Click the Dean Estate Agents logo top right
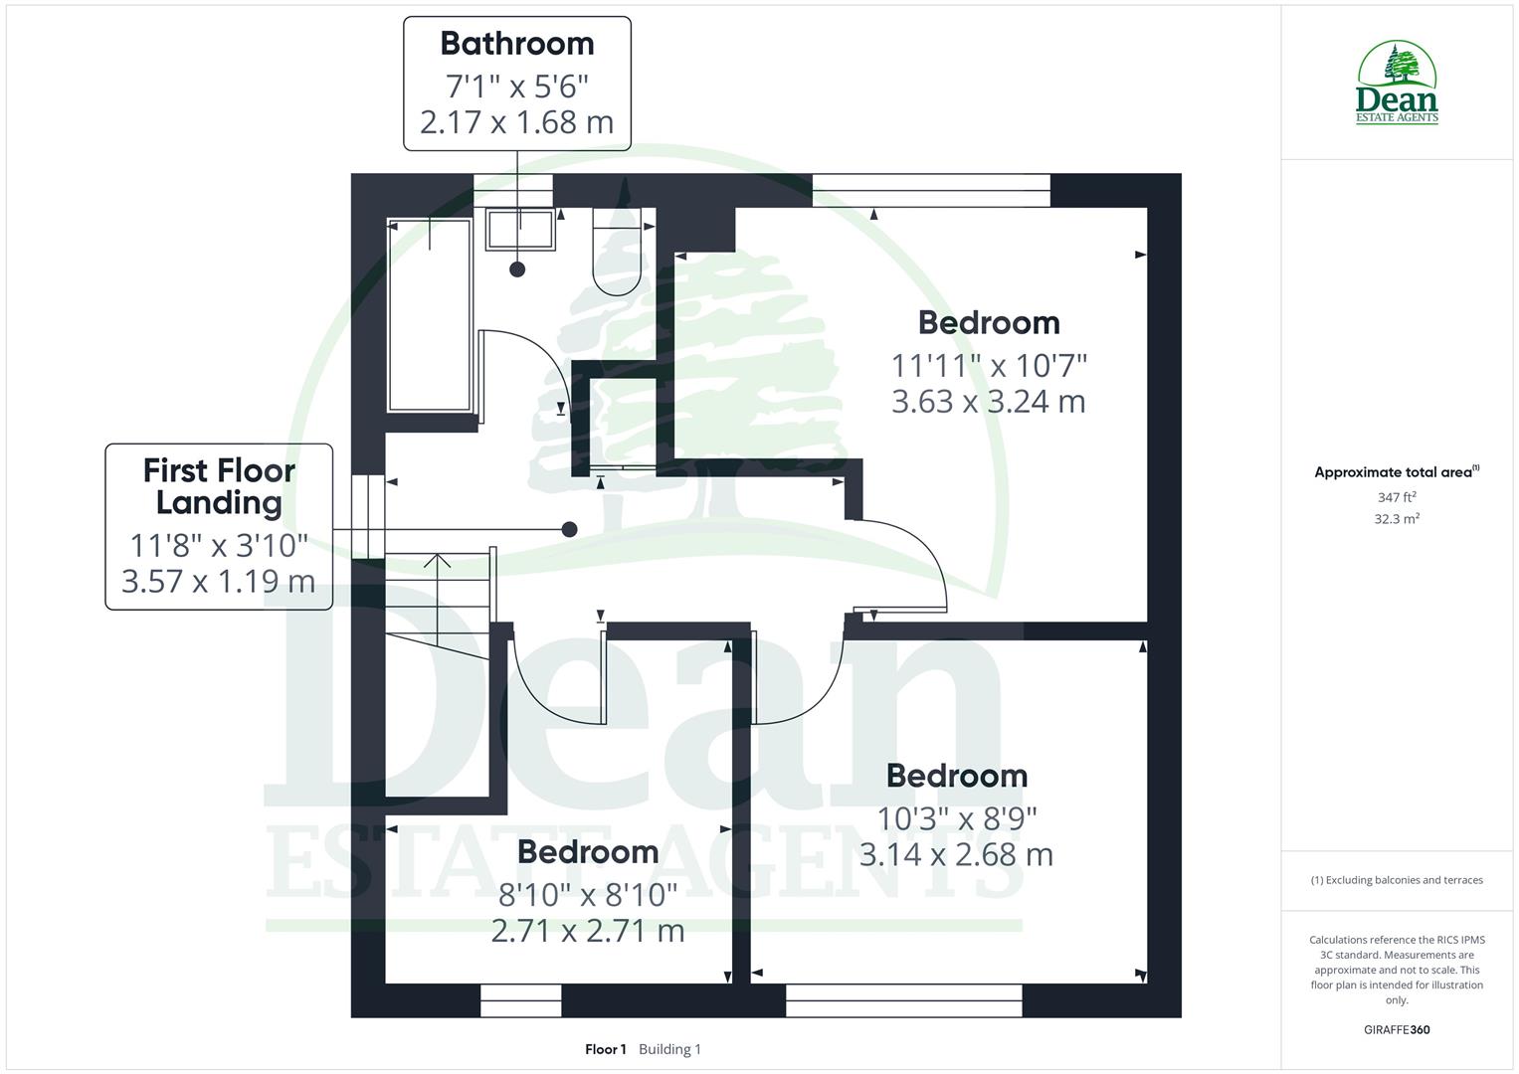(x=1397, y=84)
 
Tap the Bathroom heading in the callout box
(x=516, y=44)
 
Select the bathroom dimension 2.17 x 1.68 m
(x=516, y=122)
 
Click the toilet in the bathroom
(x=617, y=255)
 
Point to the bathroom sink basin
(x=520, y=230)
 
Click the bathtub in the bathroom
(x=429, y=316)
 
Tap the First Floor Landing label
(x=219, y=485)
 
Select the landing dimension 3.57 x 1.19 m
(x=219, y=581)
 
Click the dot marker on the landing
(x=570, y=529)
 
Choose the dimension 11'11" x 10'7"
(x=988, y=365)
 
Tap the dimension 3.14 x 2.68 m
(x=956, y=854)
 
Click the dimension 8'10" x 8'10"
(x=588, y=895)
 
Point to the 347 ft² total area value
(x=1397, y=497)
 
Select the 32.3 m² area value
(x=1397, y=518)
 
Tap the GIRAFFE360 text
(x=1397, y=1029)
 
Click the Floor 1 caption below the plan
(x=605, y=1049)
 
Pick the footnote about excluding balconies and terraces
(x=1397, y=880)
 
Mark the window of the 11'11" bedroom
(x=931, y=191)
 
